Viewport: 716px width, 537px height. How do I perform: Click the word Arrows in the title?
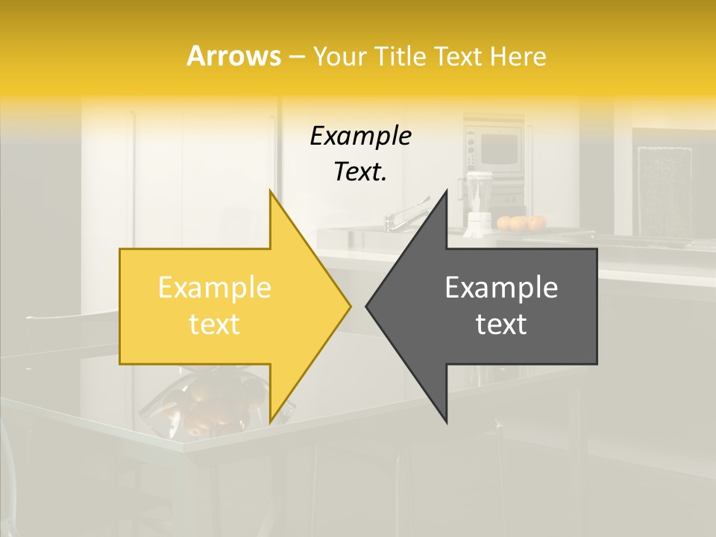[x=233, y=56]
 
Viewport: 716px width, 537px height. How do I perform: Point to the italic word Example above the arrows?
[x=360, y=136]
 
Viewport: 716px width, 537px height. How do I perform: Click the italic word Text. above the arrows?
[x=360, y=172]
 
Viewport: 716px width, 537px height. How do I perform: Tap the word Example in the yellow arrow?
[x=215, y=287]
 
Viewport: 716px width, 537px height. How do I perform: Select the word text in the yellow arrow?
[x=215, y=324]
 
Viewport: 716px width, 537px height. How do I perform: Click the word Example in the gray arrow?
[x=501, y=287]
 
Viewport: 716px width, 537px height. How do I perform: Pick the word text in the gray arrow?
[x=501, y=324]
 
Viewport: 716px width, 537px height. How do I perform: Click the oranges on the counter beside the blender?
[x=521, y=222]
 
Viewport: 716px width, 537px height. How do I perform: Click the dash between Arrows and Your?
[x=296, y=57]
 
